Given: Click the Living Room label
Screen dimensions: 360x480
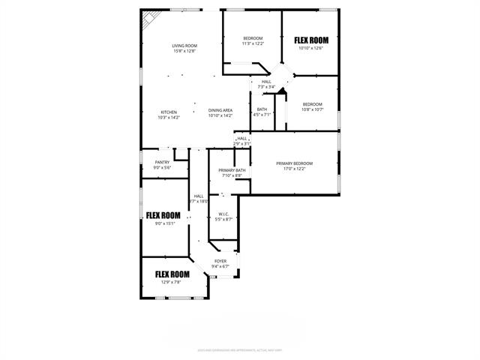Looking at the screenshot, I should click(x=184, y=45).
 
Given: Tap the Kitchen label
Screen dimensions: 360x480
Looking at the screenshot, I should click(x=169, y=112).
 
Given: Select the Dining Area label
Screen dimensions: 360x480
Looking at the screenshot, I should click(x=220, y=111).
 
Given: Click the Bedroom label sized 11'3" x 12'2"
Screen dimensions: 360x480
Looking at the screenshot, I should click(x=253, y=38).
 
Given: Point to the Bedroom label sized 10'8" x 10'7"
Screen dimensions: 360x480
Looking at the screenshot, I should click(x=313, y=104).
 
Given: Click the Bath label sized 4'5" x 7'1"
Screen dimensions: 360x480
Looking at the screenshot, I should click(x=262, y=109).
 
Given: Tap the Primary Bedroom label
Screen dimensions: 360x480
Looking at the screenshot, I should click(x=294, y=163).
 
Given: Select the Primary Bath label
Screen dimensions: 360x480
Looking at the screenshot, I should click(x=232, y=171).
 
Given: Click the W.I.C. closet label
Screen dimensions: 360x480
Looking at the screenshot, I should click(x=223, y=214).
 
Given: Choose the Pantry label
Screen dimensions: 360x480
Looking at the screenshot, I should click(x=162, y=162).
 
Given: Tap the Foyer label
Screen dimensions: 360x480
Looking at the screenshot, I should click(x=220, y=261).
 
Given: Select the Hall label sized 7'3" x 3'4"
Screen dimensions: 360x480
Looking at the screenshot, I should click(x=266, y=82).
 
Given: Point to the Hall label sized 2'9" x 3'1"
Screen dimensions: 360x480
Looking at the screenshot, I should click(x=242, y=139).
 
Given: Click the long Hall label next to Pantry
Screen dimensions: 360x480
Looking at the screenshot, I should click(x=199, y=196).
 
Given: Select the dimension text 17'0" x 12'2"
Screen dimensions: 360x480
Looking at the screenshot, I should click(x=294, y=169).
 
